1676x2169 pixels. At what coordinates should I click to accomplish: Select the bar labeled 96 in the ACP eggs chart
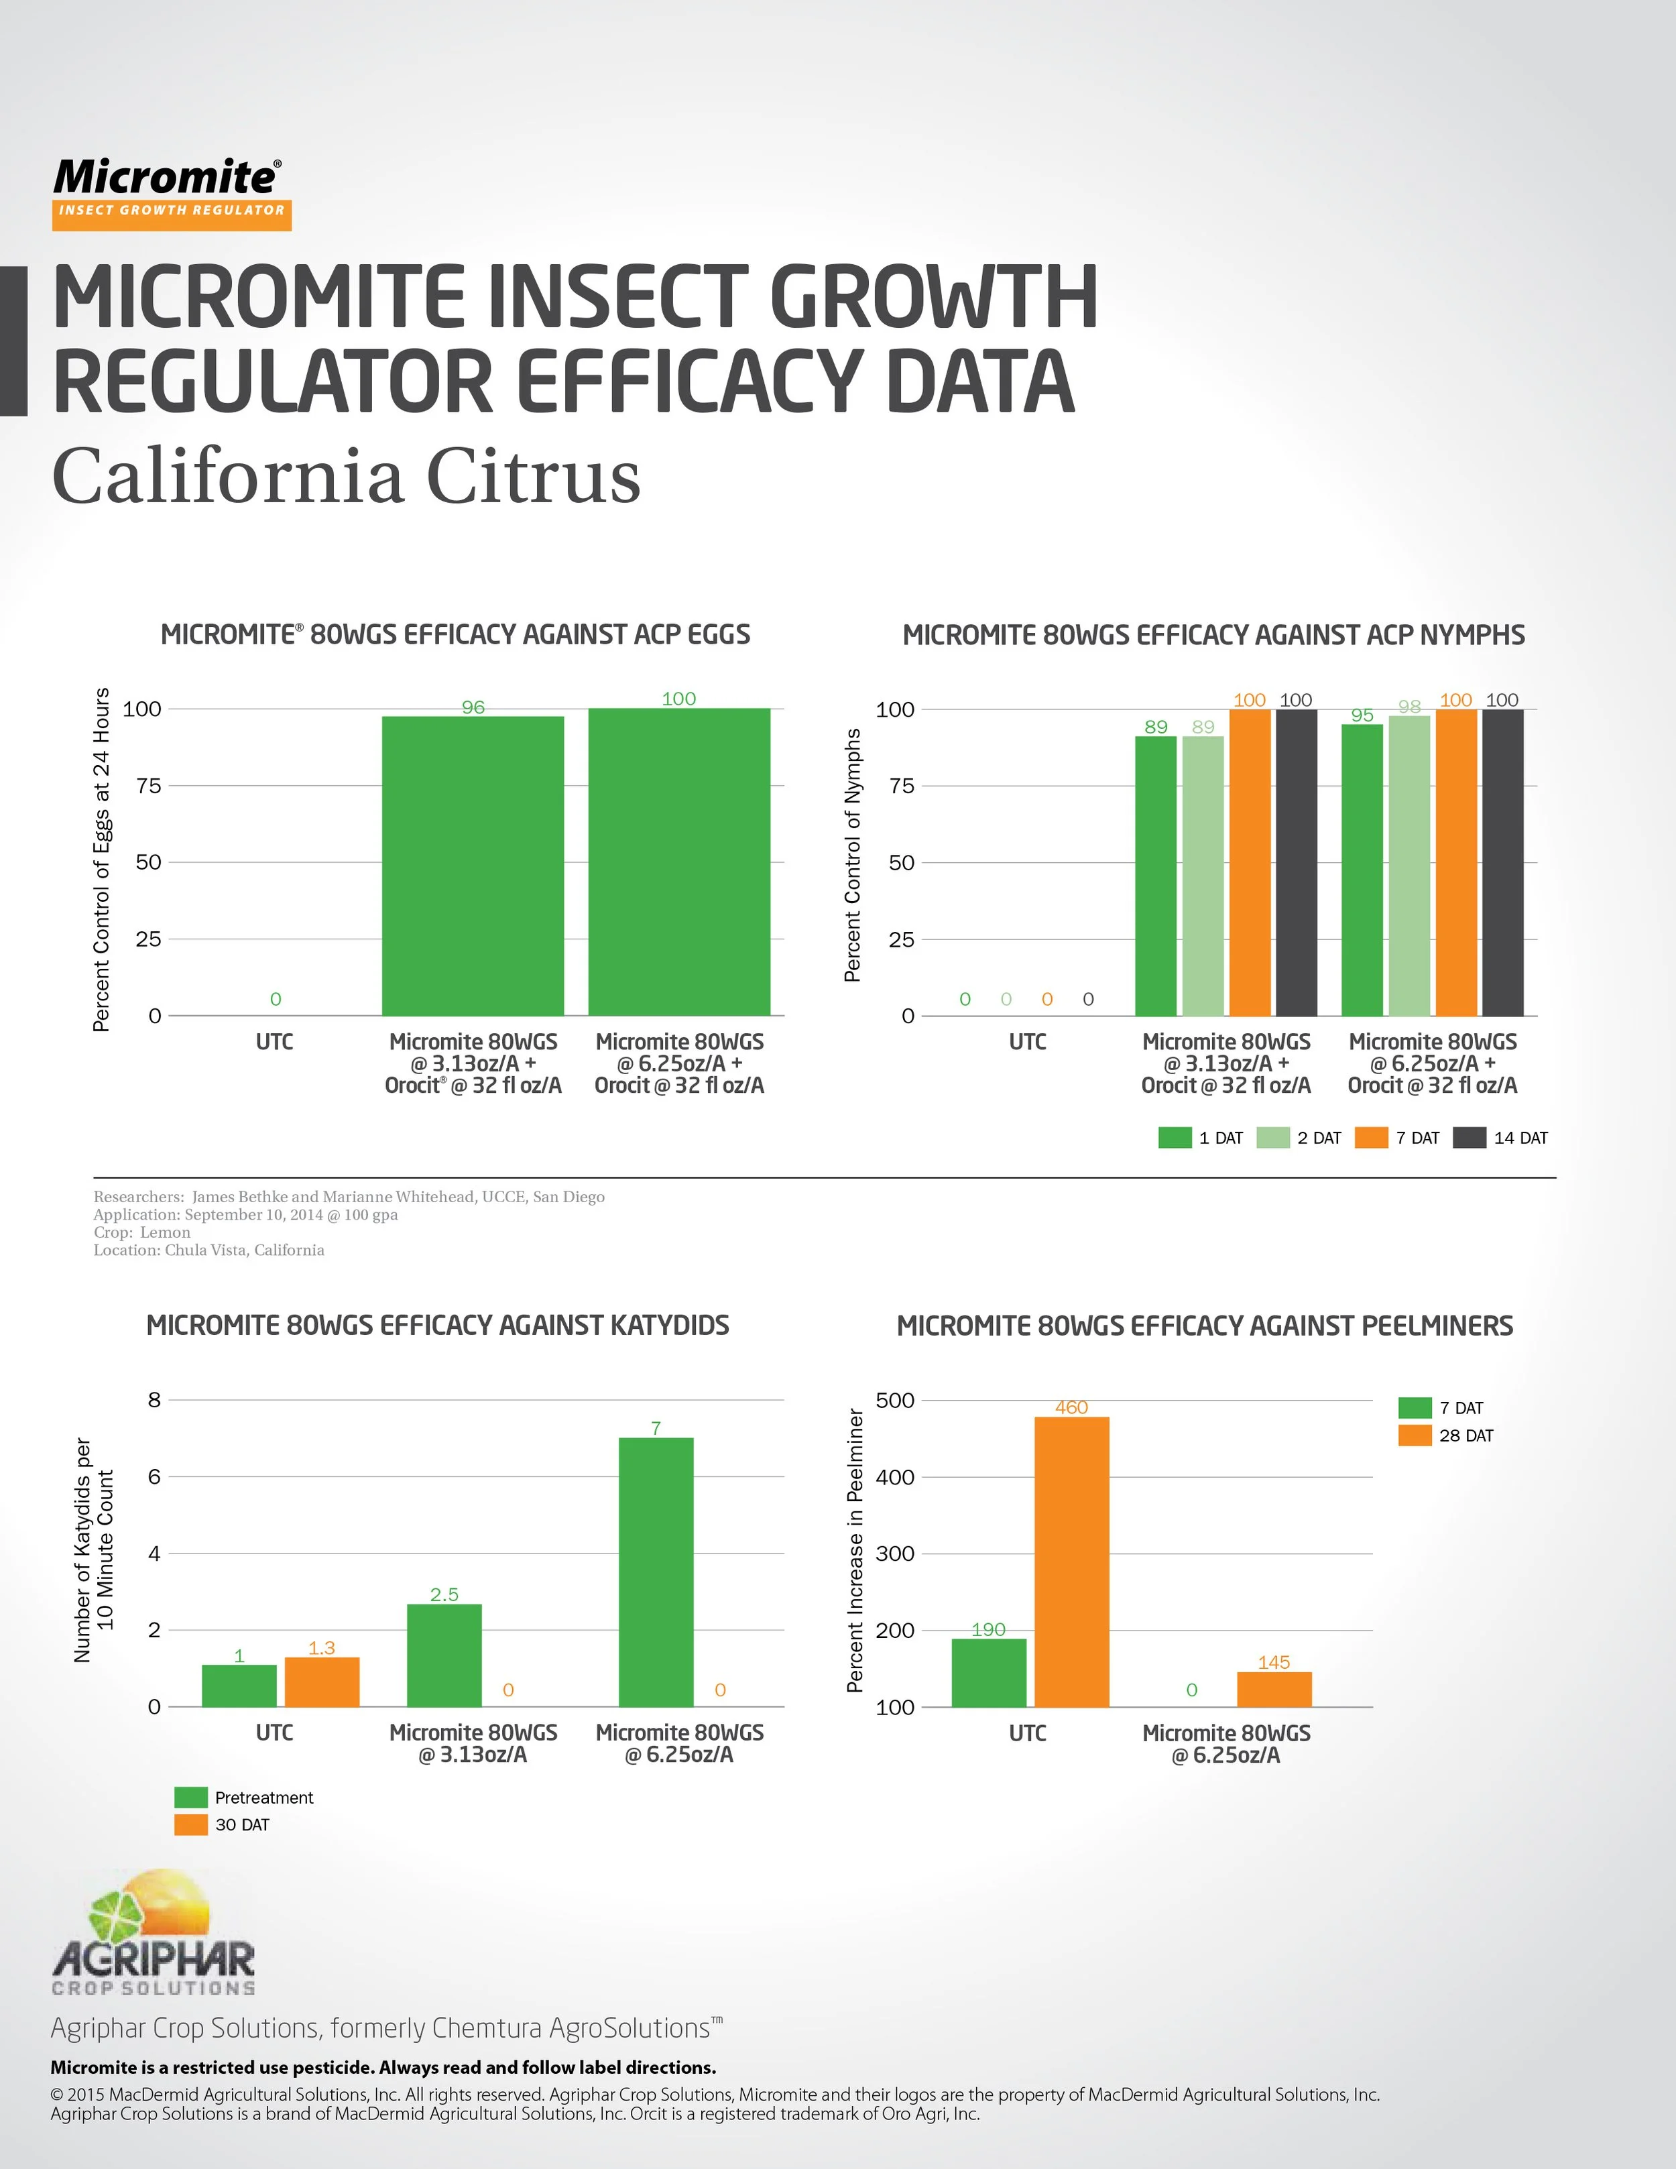[473, 864]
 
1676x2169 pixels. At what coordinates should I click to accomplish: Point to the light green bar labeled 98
[1409, 864]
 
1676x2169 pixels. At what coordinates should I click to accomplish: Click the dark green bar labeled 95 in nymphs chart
[1362, 869]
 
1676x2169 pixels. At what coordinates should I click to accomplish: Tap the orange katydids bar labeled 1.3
[322, 1682]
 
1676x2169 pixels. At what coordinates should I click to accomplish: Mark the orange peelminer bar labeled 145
[1274, 1690]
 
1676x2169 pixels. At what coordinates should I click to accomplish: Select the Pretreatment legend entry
[243, 1798]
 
